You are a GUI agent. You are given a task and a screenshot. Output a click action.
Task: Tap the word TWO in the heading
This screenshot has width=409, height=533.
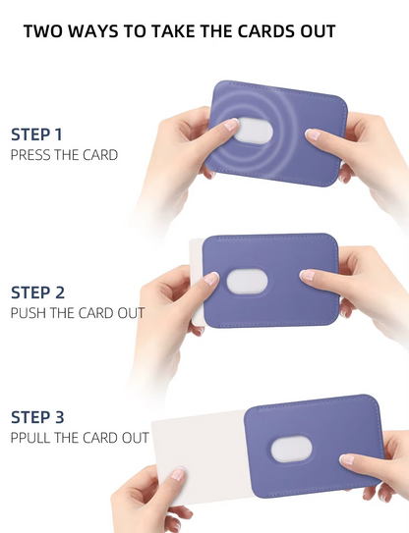(x=43, y=31)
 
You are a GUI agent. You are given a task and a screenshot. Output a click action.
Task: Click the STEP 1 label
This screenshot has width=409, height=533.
(x=36, y=134)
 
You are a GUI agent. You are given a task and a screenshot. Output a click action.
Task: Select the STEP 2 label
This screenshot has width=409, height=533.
(x=37, y=293)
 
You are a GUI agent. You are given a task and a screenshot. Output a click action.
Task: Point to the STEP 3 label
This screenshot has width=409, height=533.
(x=37, y=417)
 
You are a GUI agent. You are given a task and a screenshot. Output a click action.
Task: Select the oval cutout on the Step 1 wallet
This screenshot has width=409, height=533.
(x=254, y=131)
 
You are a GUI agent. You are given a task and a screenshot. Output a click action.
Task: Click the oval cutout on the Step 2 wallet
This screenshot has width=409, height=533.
(x=247, y=282)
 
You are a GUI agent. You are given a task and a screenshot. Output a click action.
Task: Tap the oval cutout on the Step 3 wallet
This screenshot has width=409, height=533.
(x=291, y=450)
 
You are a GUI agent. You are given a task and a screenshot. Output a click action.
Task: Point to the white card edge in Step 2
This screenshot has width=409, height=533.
(x=197, y=282)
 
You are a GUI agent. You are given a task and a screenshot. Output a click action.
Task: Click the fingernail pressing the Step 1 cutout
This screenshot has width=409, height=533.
(x=231, y=125)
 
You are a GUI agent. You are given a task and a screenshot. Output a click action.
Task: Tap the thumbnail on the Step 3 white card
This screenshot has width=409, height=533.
(x=178, y=474)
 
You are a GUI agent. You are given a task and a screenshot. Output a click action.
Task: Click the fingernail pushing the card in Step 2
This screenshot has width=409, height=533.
(x=211, y=279)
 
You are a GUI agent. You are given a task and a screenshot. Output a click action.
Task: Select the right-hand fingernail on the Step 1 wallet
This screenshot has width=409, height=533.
(x=313, y=134)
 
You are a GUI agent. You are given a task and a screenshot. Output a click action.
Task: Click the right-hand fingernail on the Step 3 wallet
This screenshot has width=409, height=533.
(x=347, y=459)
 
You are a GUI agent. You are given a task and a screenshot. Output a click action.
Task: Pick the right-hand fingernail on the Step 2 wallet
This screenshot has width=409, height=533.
(x=307, y=275)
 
